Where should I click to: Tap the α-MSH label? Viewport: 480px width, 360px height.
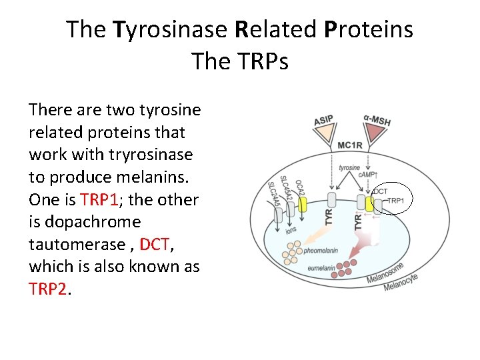coord(377,121)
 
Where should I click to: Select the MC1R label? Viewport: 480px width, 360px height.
coord(351,145)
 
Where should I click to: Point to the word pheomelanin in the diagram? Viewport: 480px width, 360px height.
coord(320,251)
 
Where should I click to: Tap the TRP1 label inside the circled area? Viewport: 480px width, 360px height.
coord(397,200)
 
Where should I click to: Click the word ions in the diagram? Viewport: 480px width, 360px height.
coord(291,230)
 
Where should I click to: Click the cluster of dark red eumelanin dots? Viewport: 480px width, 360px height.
coord(347,269)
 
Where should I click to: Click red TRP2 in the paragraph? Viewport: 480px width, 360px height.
coord(47,289)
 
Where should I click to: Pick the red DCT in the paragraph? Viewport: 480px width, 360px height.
coord(154,244)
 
